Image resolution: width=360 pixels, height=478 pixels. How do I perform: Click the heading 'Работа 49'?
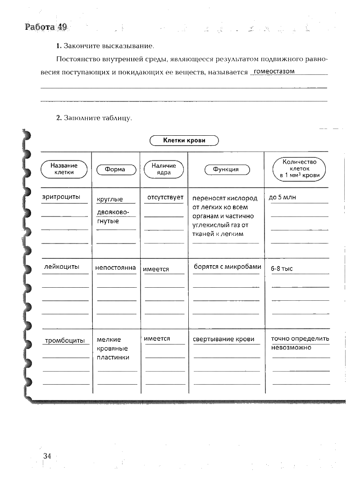[x=46, y=27]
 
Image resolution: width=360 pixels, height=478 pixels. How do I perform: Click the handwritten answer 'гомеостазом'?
[x=274, y=71]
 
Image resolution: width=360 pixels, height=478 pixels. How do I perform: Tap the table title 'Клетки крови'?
[x=184, y=141]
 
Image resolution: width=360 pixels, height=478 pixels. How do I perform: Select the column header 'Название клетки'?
[x=64, y=169]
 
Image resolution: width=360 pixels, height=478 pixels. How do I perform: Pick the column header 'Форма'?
[x=115, y=170]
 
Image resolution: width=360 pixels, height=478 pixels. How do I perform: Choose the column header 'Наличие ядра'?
[x=164, y=169]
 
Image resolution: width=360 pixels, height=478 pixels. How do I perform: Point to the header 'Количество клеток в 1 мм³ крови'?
[x=299, y=169]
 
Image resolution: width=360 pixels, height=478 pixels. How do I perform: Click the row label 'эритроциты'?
[x=61, y=197]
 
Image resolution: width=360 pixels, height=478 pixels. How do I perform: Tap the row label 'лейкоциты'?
[x=62, y=267]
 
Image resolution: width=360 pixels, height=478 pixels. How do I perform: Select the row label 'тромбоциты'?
[x=65, y=340]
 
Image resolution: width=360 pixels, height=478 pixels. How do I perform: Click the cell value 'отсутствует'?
[x=165, y=197]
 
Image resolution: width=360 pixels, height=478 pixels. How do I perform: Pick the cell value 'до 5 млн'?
[x=282, y=198]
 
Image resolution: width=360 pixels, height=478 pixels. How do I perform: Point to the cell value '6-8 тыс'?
[x=282, y=269]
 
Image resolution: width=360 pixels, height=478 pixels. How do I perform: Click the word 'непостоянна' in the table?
[x=115, y=268]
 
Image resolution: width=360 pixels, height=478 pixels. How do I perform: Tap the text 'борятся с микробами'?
[x=228, y=267]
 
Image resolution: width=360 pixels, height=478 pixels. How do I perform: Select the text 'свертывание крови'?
[x=223, y=339]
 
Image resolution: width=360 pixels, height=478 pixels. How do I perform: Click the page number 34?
[x=47, y=456]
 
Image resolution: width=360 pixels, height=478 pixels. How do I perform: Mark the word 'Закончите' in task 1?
[x=79, y=46]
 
